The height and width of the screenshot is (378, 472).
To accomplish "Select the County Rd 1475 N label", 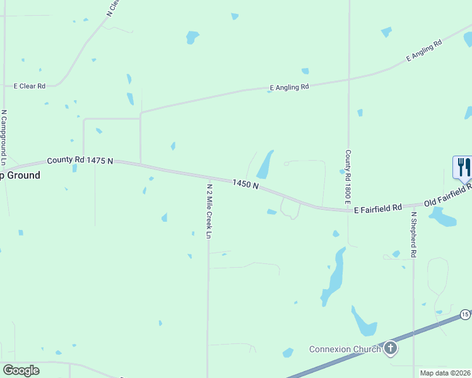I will [x=80, y=161].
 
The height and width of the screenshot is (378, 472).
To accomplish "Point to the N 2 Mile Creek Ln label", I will [x=209, y=210].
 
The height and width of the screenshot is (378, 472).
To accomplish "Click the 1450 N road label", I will [x=245, y=184].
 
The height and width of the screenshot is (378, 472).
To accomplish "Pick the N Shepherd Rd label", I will [x=414, y=234].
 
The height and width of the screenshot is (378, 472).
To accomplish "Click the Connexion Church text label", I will [x=345, y=349].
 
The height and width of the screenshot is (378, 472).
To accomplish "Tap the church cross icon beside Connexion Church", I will [x=391, y=348].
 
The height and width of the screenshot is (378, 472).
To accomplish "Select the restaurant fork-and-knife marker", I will [x=463, y=168].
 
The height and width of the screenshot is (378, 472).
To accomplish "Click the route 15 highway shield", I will [x=465, y=314].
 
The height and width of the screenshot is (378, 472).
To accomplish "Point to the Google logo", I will [x=21, y=370].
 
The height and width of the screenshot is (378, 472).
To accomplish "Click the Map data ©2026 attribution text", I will [x=445, y=373].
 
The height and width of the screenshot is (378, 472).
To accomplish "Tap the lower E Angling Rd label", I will [x=289, y=87].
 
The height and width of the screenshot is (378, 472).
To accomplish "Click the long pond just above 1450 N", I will [x=265, y=165].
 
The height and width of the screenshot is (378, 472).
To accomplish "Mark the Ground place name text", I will [x=20, y=175].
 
